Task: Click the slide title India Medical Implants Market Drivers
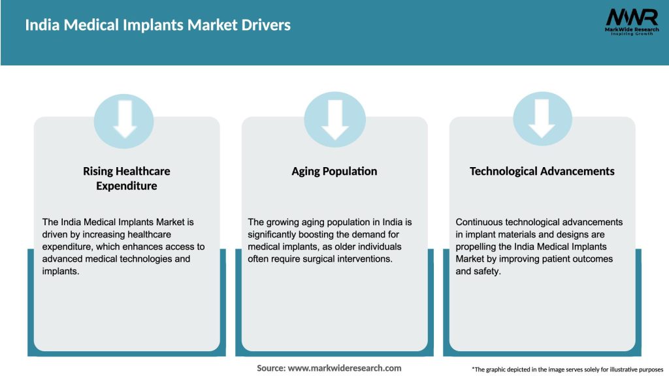point(157,25)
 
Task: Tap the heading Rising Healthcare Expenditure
point(126,178)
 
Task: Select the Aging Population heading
point(334,171)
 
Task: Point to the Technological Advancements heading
point(542,171)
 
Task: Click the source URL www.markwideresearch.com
point(344,368)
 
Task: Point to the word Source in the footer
point(270,368)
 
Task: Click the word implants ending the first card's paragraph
point(61,271)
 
